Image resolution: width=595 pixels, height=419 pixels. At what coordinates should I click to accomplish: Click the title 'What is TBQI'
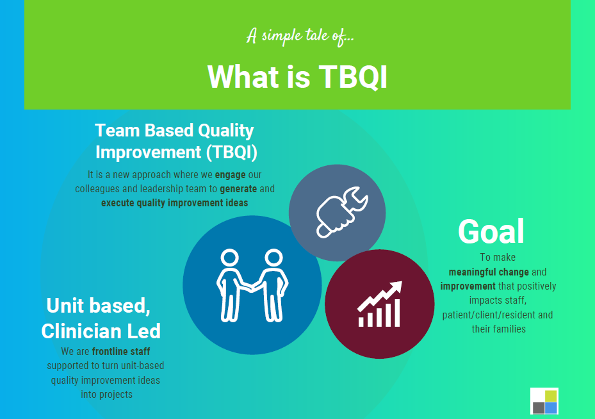(297, 77)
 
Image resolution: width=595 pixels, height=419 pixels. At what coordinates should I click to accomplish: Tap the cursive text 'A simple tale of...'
(300, 37)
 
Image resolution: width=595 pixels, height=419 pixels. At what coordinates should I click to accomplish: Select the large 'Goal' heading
(491, 231)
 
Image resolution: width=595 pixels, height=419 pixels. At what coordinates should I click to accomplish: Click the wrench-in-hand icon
(342, 212)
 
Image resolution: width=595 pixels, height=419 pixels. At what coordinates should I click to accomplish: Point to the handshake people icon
(252, 285)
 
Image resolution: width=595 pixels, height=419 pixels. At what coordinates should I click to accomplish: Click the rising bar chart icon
(379, 304)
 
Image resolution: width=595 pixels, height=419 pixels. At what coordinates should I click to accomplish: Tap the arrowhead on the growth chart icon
(396, 287)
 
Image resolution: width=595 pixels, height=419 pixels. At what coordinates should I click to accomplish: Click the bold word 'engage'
(231, 174)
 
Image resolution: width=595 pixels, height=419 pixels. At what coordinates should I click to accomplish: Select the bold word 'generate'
(238, 188)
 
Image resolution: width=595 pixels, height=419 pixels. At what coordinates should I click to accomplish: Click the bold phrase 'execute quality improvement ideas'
(175, 202)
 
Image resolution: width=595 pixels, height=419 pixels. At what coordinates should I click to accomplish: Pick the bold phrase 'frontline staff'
(121, 352)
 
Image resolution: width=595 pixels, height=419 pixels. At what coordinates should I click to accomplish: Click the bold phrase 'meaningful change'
(489, 272)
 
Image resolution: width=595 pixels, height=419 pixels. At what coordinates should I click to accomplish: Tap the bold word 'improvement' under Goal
(468, 286)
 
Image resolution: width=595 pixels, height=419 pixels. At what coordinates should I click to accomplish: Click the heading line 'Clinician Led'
(101, 331)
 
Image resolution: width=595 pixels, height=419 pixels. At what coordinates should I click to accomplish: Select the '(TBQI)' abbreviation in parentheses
(231, 152)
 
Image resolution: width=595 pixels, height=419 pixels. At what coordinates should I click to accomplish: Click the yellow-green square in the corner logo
(551, 396)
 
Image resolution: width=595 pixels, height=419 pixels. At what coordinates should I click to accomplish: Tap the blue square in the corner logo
(551, 408)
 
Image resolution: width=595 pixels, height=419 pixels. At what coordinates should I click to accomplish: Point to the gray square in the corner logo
(539, 408)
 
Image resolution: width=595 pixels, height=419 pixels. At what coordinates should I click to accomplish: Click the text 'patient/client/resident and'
(498, 315)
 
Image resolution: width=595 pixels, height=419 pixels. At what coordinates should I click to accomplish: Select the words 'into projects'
(106, 394)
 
